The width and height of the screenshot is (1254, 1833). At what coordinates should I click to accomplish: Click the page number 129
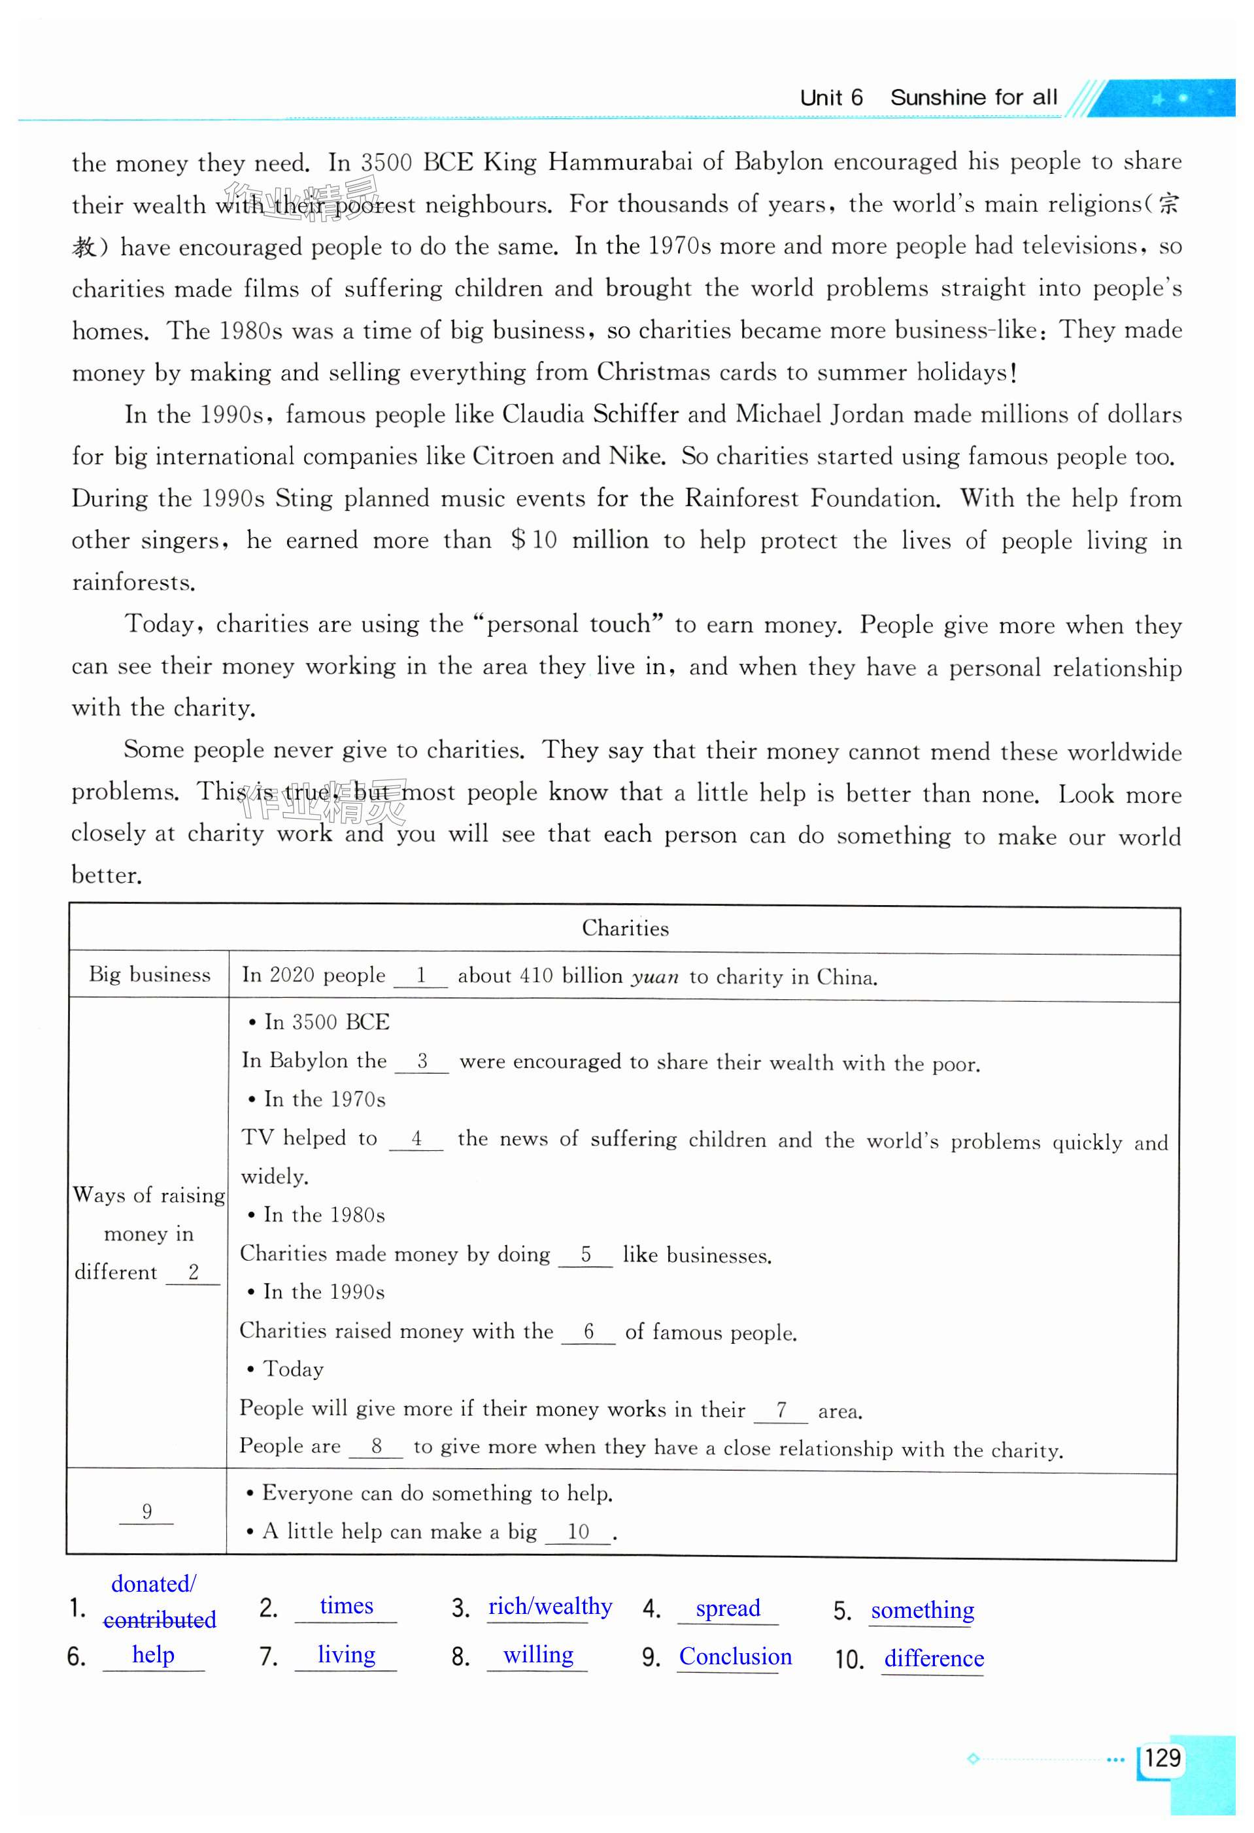pyautogui.click(x=1162, y=1758)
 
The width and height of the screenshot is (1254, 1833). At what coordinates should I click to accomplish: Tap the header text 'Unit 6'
pyautogui.click(x=831, y=98)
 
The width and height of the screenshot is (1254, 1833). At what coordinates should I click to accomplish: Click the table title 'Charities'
pyautogui.click(x=624, y=929)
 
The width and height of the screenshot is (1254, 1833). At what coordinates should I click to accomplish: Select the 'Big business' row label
pyautogui.click(x=149, y=975)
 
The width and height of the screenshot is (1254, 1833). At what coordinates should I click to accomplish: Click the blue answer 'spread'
pyautogui.click(x=727, y=1608)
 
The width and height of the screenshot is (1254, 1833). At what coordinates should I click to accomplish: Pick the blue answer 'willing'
pyautogui.click(x=538, y=1654)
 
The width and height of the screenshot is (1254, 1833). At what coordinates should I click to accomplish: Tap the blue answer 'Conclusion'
pyautogui.click(x=735, y=1656)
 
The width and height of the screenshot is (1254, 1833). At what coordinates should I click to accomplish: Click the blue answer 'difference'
pyautogui.click(x=933, y=1658)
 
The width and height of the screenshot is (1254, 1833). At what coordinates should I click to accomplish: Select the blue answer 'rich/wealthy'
pyautogui.click(x=550, y=1607)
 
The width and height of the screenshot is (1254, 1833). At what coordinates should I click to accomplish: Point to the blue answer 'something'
pyautogui.click(x=922, y=1610)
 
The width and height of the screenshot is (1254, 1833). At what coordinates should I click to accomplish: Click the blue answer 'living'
pyautogui.click(x=347, y=1654)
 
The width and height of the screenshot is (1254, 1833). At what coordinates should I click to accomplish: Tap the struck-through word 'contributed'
pyautogui.click(x=160, y=1620)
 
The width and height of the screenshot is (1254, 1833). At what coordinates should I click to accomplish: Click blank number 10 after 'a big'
pyautogui.click(x=578, y=1532)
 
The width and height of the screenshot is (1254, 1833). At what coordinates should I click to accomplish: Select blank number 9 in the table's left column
pyautogui.click(x=146, y=1511)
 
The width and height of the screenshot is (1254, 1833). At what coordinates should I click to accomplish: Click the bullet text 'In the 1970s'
pyautogui.click(x=324, y=1099)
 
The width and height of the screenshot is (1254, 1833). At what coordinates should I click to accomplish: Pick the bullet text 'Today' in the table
pyautogui.click(x=293, y=1369)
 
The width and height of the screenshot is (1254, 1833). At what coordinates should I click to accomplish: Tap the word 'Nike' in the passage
pyautogui.click(x=635, y=456)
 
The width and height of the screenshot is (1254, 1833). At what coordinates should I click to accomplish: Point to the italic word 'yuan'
pyautogui.click(x=654, y=977)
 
